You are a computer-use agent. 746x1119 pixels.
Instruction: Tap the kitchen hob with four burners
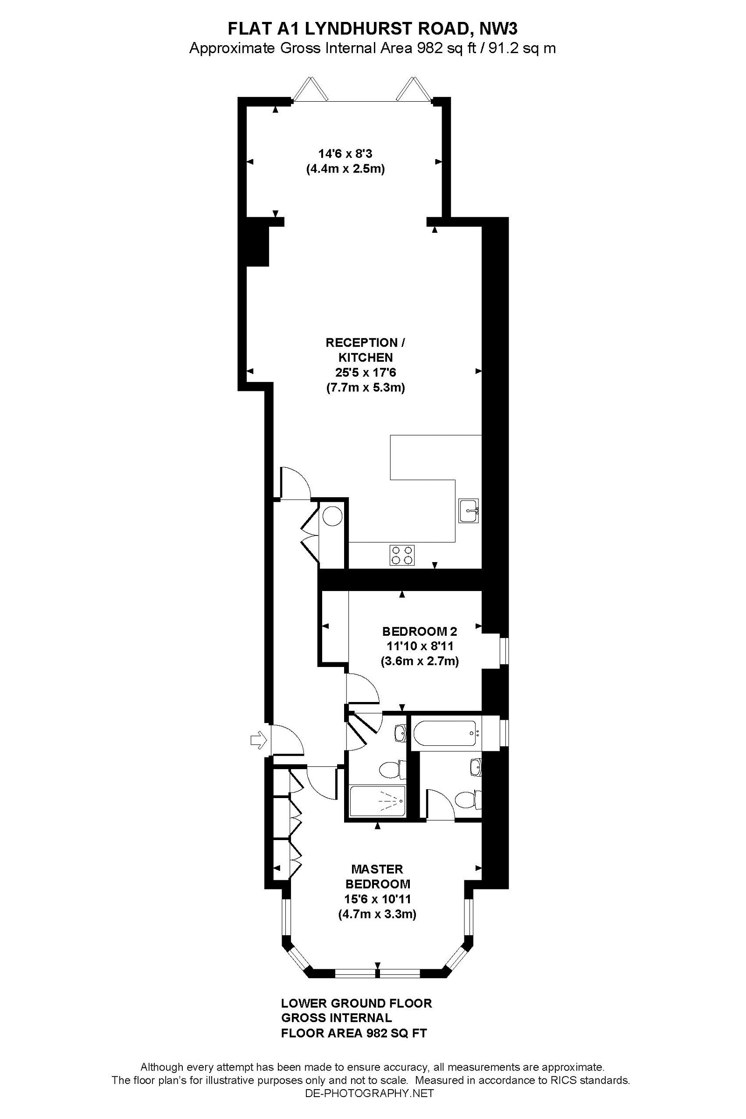[x=402, y=555]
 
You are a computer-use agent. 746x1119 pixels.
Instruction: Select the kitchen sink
[x=469, y=511]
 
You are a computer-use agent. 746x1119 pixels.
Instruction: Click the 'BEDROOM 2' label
[x=420, y=632]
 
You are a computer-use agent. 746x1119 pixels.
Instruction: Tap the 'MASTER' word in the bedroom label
[x=377, y=869]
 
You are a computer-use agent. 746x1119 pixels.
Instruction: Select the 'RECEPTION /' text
[x=366, y=343]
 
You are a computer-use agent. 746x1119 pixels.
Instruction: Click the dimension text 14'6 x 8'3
[x=345, y=154]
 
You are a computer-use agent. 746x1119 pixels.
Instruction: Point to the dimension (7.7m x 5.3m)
[x=366, y=388]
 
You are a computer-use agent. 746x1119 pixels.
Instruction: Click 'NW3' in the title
[x=498, y=29]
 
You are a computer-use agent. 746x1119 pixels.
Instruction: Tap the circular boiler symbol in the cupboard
[x=332, y=515]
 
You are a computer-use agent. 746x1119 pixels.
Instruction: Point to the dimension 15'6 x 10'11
[x=377, y=899]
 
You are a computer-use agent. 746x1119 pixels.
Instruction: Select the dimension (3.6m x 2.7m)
[x=420, y=661]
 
